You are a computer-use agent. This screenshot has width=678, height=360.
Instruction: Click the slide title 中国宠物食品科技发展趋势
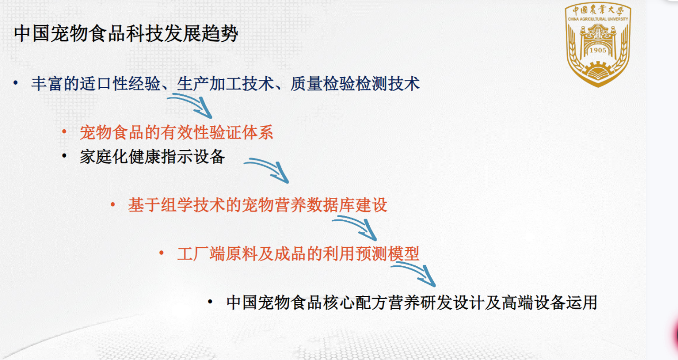coord(126,33)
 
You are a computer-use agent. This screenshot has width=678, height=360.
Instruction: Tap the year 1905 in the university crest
coord(598,50)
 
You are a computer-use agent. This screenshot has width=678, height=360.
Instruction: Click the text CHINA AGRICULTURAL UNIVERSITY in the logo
coord(598,19)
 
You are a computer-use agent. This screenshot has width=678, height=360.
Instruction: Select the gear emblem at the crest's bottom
coord(598,69)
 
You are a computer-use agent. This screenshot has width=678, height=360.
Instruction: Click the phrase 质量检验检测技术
coord(355,84)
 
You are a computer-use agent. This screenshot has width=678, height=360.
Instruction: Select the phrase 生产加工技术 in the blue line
coord(225,84)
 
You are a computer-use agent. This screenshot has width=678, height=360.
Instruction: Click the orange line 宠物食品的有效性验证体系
coord(176,132)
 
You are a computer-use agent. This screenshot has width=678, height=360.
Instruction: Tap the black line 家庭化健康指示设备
coord(152,157)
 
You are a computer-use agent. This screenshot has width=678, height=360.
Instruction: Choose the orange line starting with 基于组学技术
coord(257,205)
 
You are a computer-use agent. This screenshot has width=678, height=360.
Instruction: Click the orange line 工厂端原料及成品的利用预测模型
coord(298,254)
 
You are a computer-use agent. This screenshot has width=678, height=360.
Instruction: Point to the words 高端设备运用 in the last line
coord(549,302)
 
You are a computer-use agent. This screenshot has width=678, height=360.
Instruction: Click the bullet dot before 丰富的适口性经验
coord(16,83)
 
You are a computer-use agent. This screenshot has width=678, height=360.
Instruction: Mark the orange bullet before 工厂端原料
coord(162,253)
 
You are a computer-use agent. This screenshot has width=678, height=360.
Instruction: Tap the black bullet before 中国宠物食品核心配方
coord(210,301)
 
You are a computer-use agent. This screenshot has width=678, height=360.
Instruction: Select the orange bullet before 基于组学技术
coord(113,204)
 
